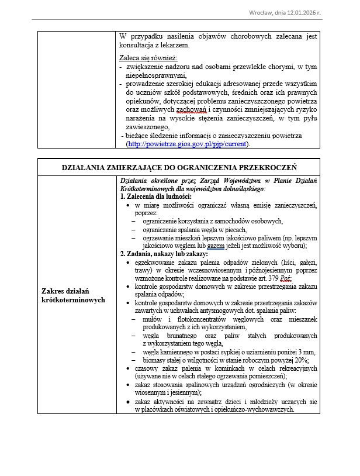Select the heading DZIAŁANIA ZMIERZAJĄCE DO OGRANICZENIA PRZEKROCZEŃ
tap(179, 167)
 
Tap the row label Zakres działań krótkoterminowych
tap(73, 295)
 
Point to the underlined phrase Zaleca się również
tap(148, 58)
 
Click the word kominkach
tap(216, 368)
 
